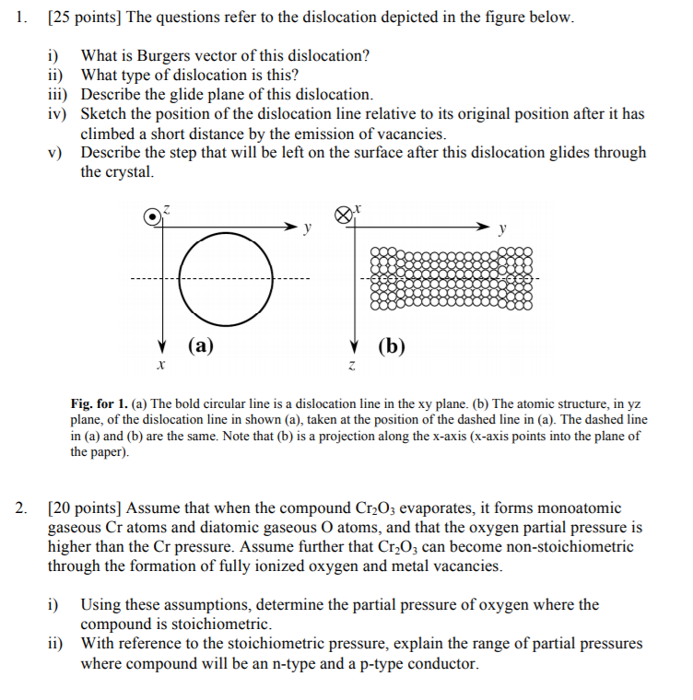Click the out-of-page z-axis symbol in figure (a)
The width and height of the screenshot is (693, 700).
click(x=153, y=216)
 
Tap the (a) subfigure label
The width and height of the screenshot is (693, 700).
click(x=201, y=346)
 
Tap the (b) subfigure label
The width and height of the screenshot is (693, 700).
click(x=391, y=347)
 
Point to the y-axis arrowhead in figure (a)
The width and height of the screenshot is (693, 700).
click(x=292, y=225)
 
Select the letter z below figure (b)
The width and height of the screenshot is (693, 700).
click(x=352, y=366)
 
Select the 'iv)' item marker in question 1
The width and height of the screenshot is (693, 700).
click(x=59, y=114)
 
